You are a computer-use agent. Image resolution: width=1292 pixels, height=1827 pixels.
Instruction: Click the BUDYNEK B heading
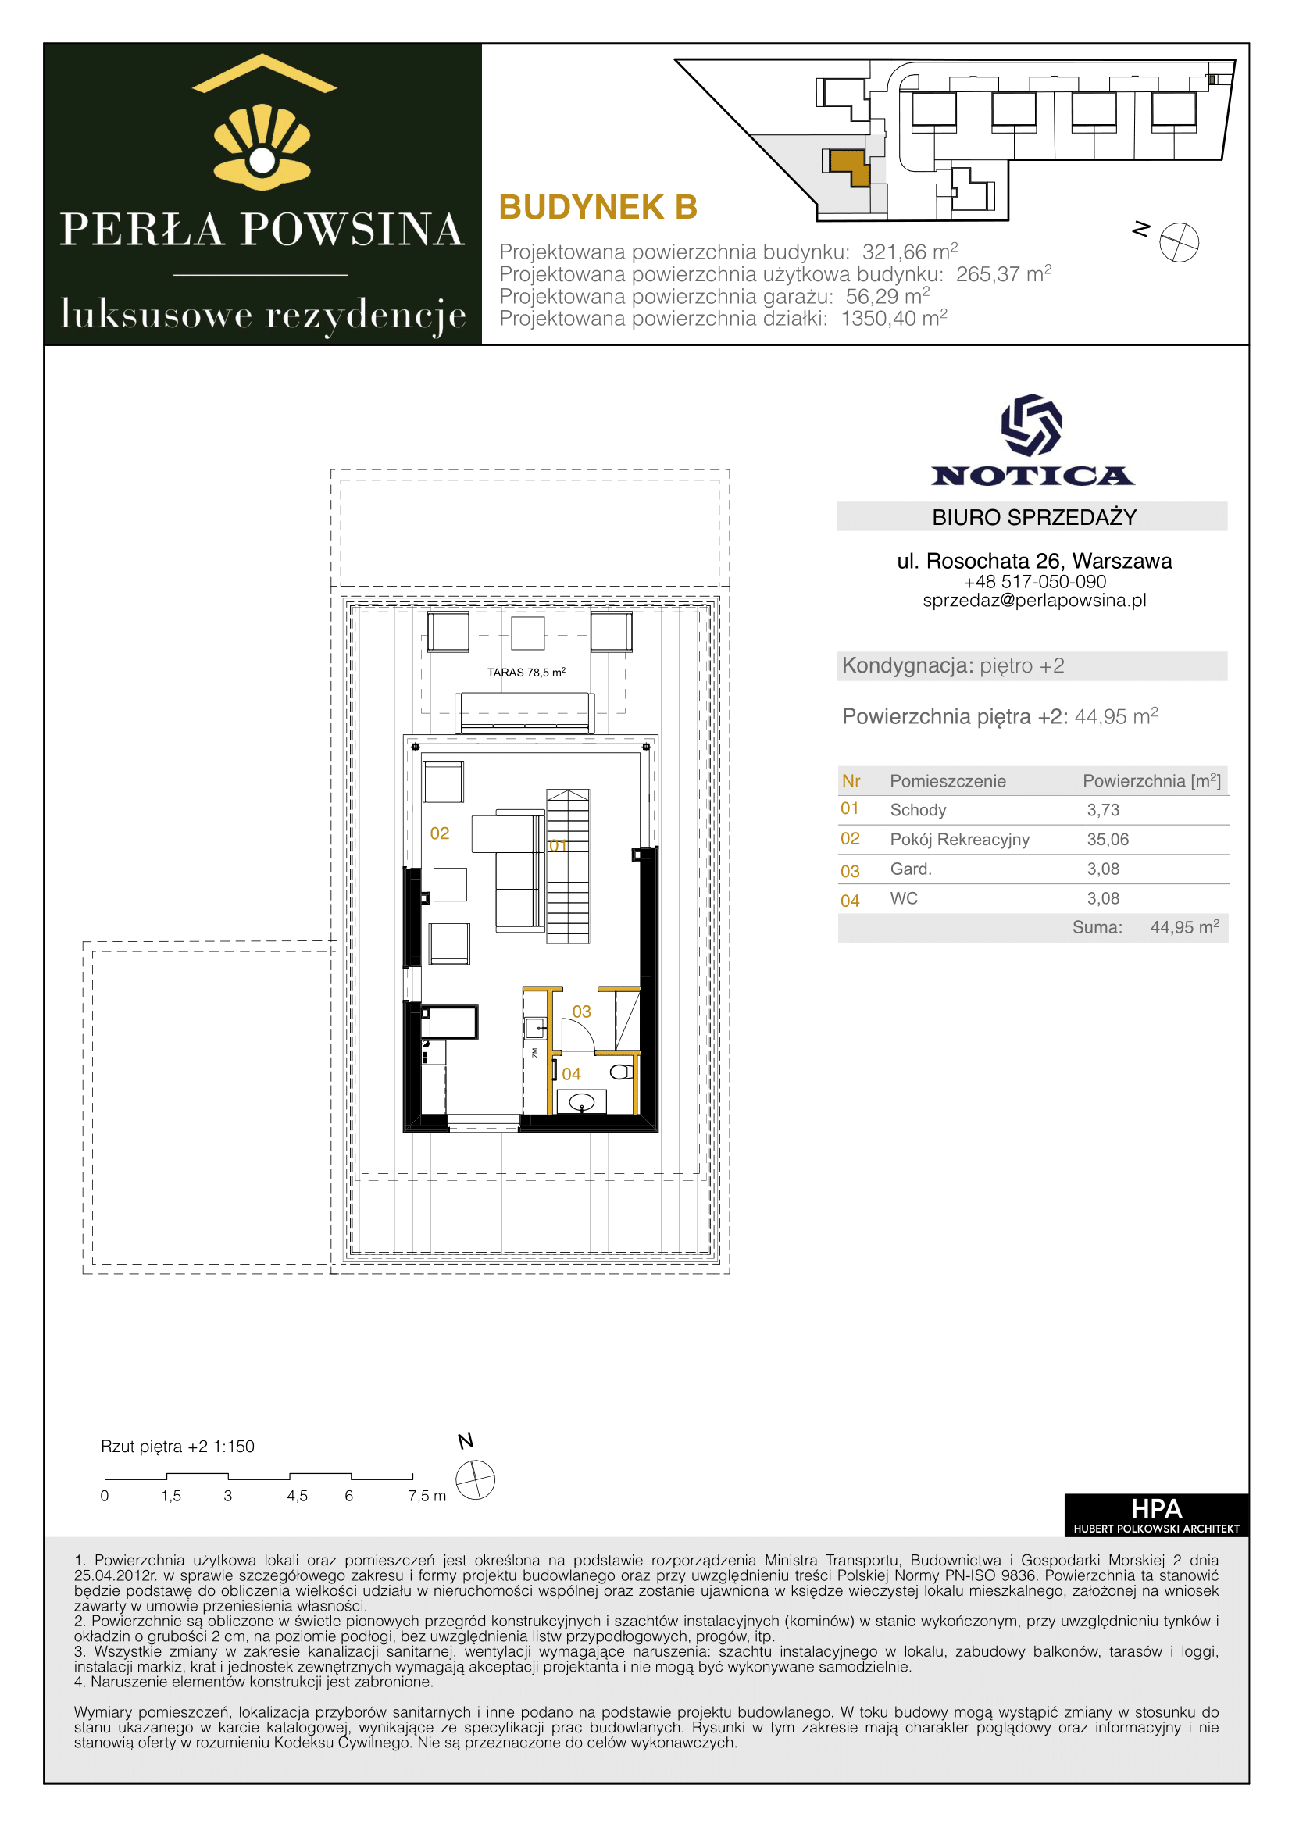point(598,208)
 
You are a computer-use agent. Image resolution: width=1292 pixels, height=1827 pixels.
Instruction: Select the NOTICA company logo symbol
point(1031,425)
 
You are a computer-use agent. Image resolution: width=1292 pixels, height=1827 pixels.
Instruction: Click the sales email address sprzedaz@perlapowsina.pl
point(1034,601)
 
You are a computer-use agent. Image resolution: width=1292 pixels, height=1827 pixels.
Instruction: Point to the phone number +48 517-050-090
point(1034,582)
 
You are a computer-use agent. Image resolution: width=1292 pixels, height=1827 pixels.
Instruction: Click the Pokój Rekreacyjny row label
point(959,840)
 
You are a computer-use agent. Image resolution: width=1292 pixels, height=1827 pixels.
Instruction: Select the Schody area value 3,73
point(1103,810)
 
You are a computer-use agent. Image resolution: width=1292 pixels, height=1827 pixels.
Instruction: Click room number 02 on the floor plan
point(439,833)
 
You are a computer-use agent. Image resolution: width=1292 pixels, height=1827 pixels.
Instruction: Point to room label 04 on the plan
point(571,1074)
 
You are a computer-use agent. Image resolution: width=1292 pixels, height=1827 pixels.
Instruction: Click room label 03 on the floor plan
point(582,1012)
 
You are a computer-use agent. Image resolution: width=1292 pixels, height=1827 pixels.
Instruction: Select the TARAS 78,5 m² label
point(526,673)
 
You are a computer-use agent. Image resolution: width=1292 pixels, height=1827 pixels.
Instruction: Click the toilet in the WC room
point(622,1072)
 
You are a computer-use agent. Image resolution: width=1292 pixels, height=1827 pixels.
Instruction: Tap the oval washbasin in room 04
point(582,1102)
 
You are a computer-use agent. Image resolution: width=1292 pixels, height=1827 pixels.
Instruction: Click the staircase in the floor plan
point(567,865)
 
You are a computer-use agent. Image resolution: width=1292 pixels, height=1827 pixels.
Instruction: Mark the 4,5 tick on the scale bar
point(297,1496)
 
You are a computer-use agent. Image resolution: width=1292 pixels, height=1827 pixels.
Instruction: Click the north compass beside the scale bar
point(475,1480)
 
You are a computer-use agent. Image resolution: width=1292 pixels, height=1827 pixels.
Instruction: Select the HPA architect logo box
point(1156,1515)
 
